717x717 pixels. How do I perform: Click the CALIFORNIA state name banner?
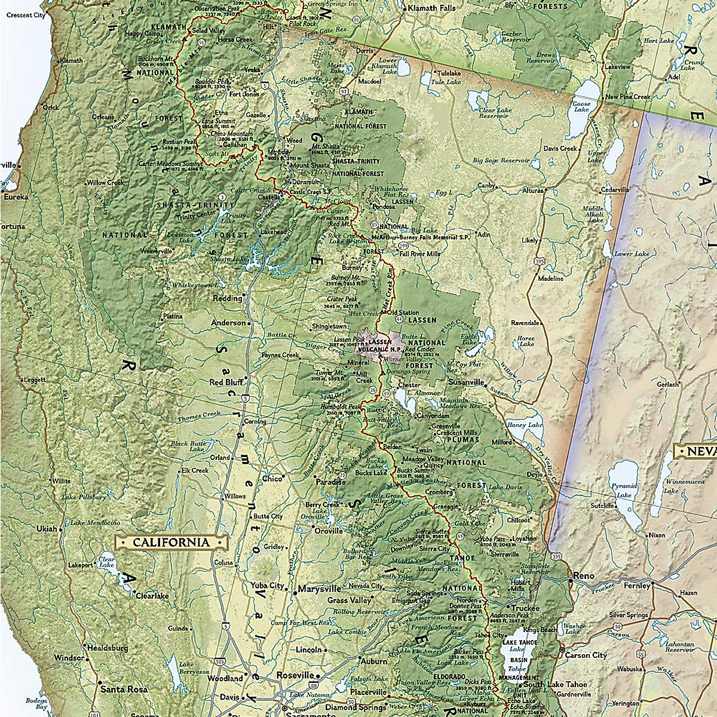click(171, 543)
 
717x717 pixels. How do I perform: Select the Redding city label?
click(228, 298)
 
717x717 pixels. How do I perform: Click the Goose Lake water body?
click(584, 96)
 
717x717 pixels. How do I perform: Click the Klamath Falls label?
click(431, 8)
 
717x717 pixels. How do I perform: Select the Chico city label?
click(272, 479)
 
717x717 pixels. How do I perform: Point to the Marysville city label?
click(320, 589)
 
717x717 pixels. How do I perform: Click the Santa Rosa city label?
click(124, 689)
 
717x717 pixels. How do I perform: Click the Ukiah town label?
click(47, 529)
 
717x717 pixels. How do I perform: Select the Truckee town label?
click(525, 608)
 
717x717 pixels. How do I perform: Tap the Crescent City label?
click(23, 16)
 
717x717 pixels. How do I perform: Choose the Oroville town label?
click(329, 531)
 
